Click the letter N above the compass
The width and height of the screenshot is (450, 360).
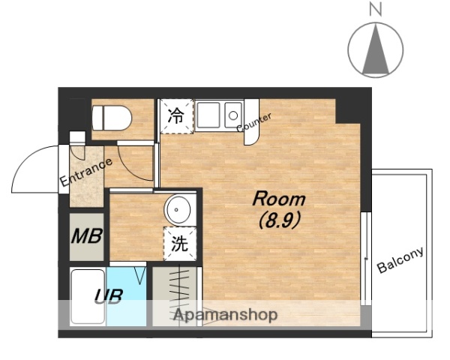point(376,10)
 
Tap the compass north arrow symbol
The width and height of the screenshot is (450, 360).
point(376,49)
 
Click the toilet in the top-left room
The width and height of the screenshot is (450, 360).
point(111,118)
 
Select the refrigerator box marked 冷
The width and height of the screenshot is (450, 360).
point(175,116)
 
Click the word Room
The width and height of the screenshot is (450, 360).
point(278,199)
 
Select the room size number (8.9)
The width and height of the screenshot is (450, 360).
point(278,220)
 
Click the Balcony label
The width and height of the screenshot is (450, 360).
point(400,259)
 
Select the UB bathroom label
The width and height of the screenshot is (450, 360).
point(108,295)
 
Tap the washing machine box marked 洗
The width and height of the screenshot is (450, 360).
point(179,243)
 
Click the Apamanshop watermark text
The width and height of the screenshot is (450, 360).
point(226,315)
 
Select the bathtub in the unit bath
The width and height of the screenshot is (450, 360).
point(88,296)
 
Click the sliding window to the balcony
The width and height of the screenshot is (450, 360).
point(365,259)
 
